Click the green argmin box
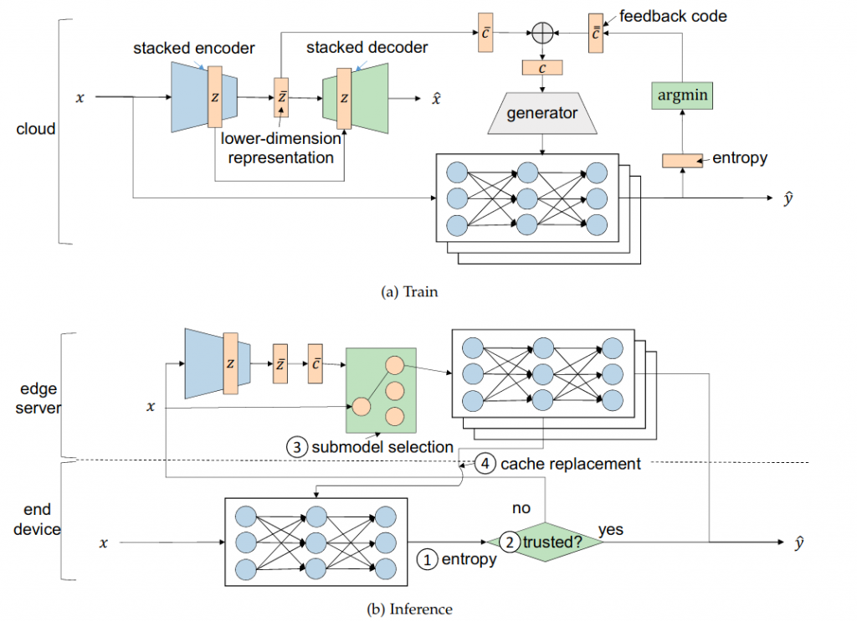point(683,95)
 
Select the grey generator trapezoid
point(543,113)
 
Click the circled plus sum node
point(543,33)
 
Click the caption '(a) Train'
point(409,292)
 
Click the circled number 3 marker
point(299,447)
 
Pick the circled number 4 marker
point(485,463)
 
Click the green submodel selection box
point(381,389)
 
